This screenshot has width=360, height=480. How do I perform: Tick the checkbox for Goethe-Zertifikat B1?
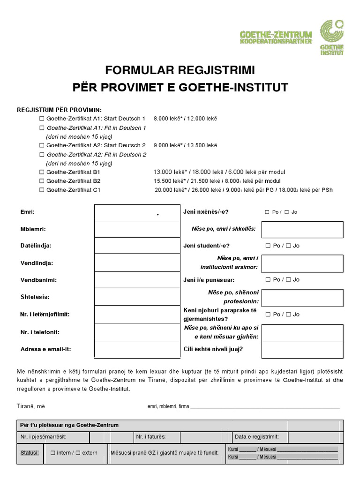click(42, 172)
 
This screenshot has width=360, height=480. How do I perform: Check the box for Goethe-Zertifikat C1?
click(42, 190)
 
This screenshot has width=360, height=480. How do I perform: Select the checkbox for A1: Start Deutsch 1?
click(42, 119)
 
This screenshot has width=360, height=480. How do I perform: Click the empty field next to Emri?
click(137, 212)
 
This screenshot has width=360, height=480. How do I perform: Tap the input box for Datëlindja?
click(137, 246)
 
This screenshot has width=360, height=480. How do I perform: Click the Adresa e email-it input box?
click(137, 349)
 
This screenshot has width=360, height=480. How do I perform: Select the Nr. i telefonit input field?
click(137, 332)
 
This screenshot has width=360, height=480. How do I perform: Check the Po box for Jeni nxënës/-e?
click(267, 212)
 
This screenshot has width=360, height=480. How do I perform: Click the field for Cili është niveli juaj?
click(302, 350)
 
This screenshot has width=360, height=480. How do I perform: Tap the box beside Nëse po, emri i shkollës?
click(302, 229)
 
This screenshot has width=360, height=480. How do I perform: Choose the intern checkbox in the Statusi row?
click(52, 453)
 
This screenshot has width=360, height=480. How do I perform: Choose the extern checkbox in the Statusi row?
click(78, 453)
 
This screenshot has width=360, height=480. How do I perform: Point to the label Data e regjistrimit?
click(256, 437)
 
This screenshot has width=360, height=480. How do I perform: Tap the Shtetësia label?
click(35, 297)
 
